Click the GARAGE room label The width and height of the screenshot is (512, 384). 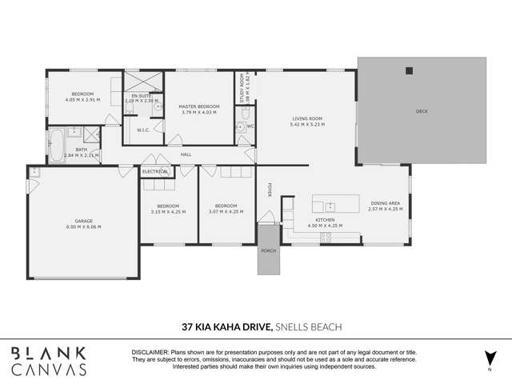pyautogui.click(x=82, y=223)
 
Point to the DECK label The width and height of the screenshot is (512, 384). pyautogui.click(x=422, y=111)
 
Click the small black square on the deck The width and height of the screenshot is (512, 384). pyautogui.click(x=409, y=70)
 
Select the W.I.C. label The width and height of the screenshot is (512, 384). pyautogui.click(x=144, y=130)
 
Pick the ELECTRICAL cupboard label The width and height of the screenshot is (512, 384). pyautogui.click(x=154, y=172)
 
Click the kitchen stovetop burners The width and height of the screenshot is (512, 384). pyautogui.click(x=326, y=237)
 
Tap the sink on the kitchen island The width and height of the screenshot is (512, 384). pyautogui.click(x=330, y=206)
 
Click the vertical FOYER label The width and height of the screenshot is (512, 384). pyautogui.click(x=270, y=190)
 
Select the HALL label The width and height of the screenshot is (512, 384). pyautogui.click(x=186, y=154)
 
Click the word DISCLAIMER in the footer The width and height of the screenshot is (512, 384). pyautogui.click(x=150, y=352)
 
